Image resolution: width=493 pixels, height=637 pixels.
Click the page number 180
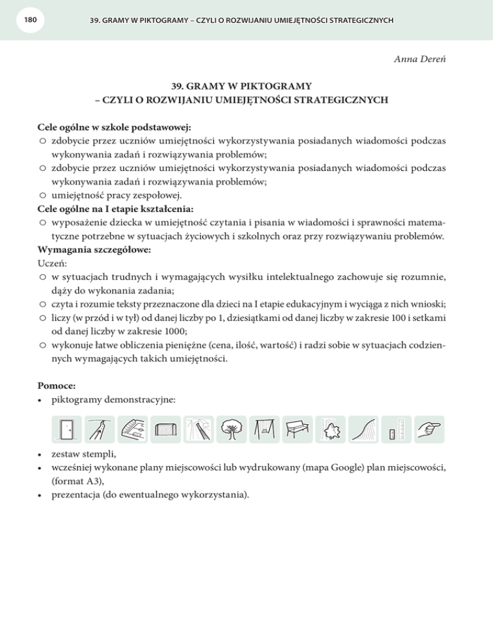[x=28, y=21]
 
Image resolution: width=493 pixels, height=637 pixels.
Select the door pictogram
[x=66, y=429]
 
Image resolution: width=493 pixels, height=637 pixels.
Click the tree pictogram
[x=231, y=429]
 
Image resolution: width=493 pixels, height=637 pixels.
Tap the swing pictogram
[x=264, y=429]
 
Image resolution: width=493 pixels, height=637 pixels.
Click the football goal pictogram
[x=165, y=429]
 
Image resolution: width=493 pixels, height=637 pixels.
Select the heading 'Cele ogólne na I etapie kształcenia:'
[x=116, y=208]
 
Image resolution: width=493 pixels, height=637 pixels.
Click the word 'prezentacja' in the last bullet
[x=76, y=494]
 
